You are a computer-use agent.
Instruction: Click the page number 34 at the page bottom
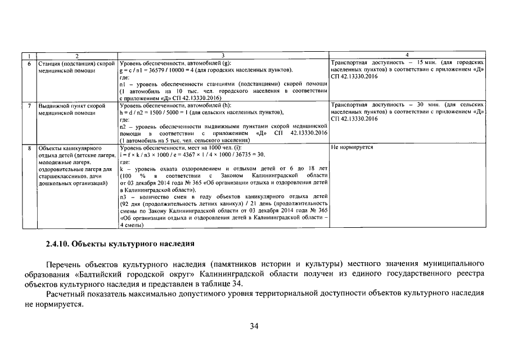(x=254, y=327)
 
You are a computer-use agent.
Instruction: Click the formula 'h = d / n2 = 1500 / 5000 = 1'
(x=164, y=112)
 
